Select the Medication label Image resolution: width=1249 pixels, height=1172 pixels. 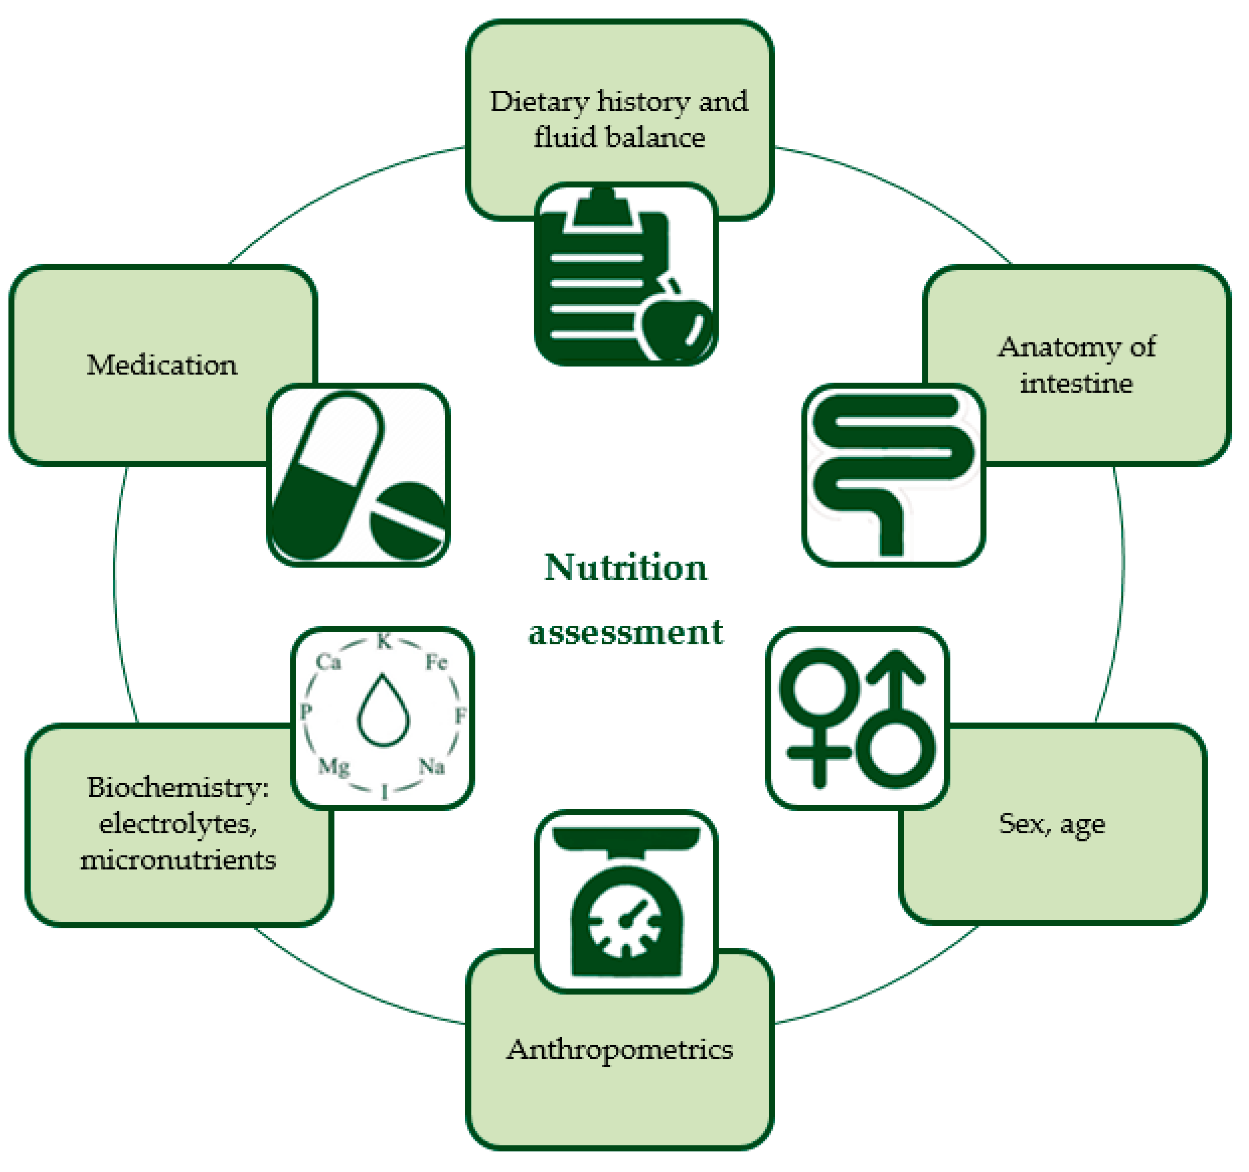pos(162,365)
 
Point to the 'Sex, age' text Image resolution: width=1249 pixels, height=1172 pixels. pos(1052,824)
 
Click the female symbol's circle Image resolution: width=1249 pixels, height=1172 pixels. pos(818,689)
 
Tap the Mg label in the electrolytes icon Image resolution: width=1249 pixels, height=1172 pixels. pos(334,766)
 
